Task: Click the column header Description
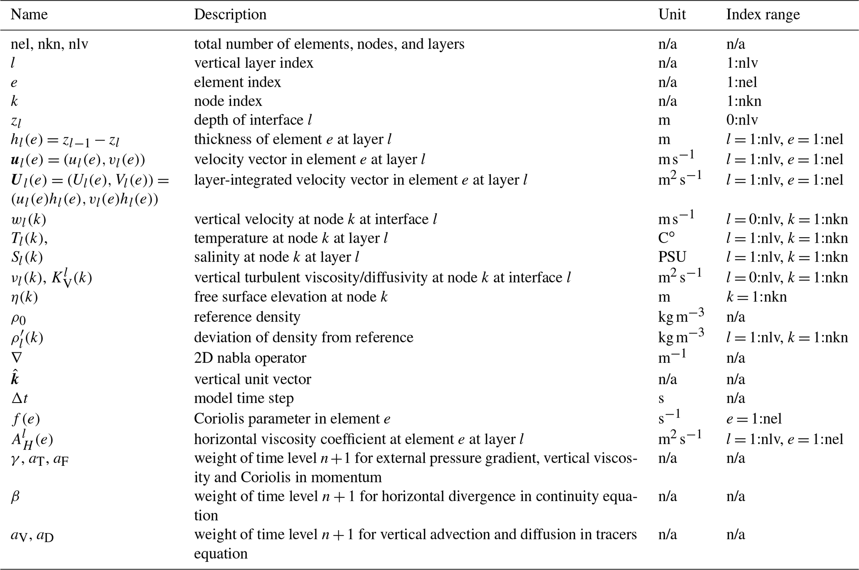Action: [230, 15]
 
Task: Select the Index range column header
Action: [763, 15]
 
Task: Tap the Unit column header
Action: [672, 15]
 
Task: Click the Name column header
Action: [29, 15]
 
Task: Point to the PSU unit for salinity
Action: [672, 257]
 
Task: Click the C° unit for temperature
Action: [666, 238]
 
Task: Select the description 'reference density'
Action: [247, 317]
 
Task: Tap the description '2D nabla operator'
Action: [250, 358]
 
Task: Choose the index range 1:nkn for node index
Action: [743, 101]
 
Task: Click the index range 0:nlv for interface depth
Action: [742, 120]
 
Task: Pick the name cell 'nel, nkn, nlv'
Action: [49, 44]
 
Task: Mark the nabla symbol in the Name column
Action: [17, 358]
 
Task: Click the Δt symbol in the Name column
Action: [20, 398]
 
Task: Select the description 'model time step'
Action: [244, 398]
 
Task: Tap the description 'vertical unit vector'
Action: [252, 379]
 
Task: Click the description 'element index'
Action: [237, 82]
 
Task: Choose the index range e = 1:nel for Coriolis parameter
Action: [754, 419]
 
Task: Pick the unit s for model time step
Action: [661, 398]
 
